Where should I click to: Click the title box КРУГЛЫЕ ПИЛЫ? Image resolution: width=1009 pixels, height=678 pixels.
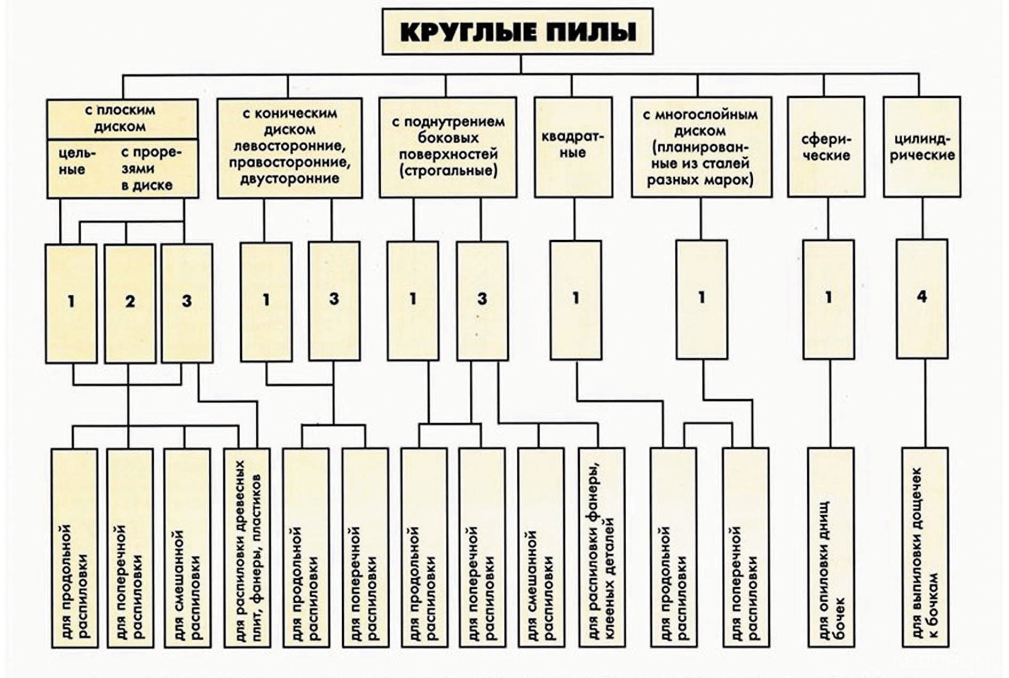[517, 31]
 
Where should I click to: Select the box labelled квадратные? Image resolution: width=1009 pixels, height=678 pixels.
[572, 146]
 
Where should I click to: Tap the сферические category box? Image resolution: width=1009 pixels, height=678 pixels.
[826, 147]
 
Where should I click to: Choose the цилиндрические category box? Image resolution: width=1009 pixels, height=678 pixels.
[921, 147]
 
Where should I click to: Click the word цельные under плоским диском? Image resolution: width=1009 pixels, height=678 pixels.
[72, 161]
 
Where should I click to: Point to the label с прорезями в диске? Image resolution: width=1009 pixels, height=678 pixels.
[149, 169]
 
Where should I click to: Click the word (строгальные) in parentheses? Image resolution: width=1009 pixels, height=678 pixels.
[448, 171]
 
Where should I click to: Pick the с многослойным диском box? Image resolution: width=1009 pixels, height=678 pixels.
[701, 147]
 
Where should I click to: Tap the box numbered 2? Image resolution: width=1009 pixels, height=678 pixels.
[130, 303]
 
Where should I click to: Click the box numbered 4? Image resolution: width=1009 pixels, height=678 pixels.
[922, 298]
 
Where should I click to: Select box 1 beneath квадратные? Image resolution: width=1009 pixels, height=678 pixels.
[576, 299]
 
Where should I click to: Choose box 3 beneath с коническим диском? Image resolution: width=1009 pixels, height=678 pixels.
[334, 301]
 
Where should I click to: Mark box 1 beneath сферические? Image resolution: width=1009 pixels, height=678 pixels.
[829, 299]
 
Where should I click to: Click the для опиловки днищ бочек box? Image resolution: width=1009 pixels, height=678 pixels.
[831, 547]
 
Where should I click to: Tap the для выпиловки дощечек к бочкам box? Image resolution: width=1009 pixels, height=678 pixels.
[925, 547]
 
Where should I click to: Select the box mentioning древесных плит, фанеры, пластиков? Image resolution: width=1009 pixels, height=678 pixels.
[247, 548]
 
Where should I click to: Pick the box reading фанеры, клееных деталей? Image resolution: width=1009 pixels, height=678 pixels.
[601, 548]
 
